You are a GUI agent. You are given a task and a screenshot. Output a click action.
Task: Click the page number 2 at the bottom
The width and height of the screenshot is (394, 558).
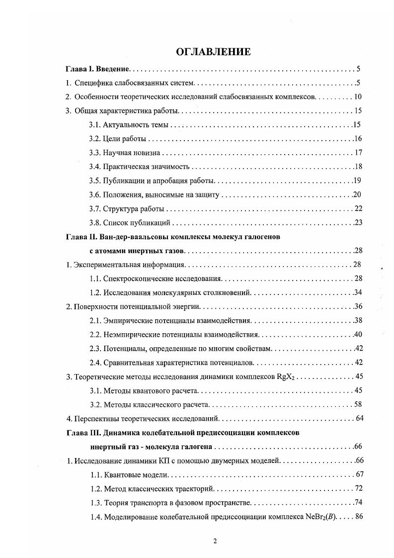point(215,542)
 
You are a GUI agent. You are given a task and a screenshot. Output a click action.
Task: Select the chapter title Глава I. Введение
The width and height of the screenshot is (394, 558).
point(98,69)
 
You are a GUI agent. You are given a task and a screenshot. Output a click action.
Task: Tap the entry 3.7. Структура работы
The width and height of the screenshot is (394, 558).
point(127,208)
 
